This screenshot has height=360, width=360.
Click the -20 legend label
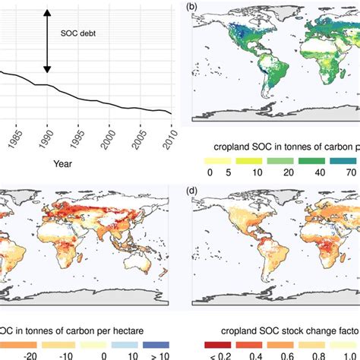click(30, 355)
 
